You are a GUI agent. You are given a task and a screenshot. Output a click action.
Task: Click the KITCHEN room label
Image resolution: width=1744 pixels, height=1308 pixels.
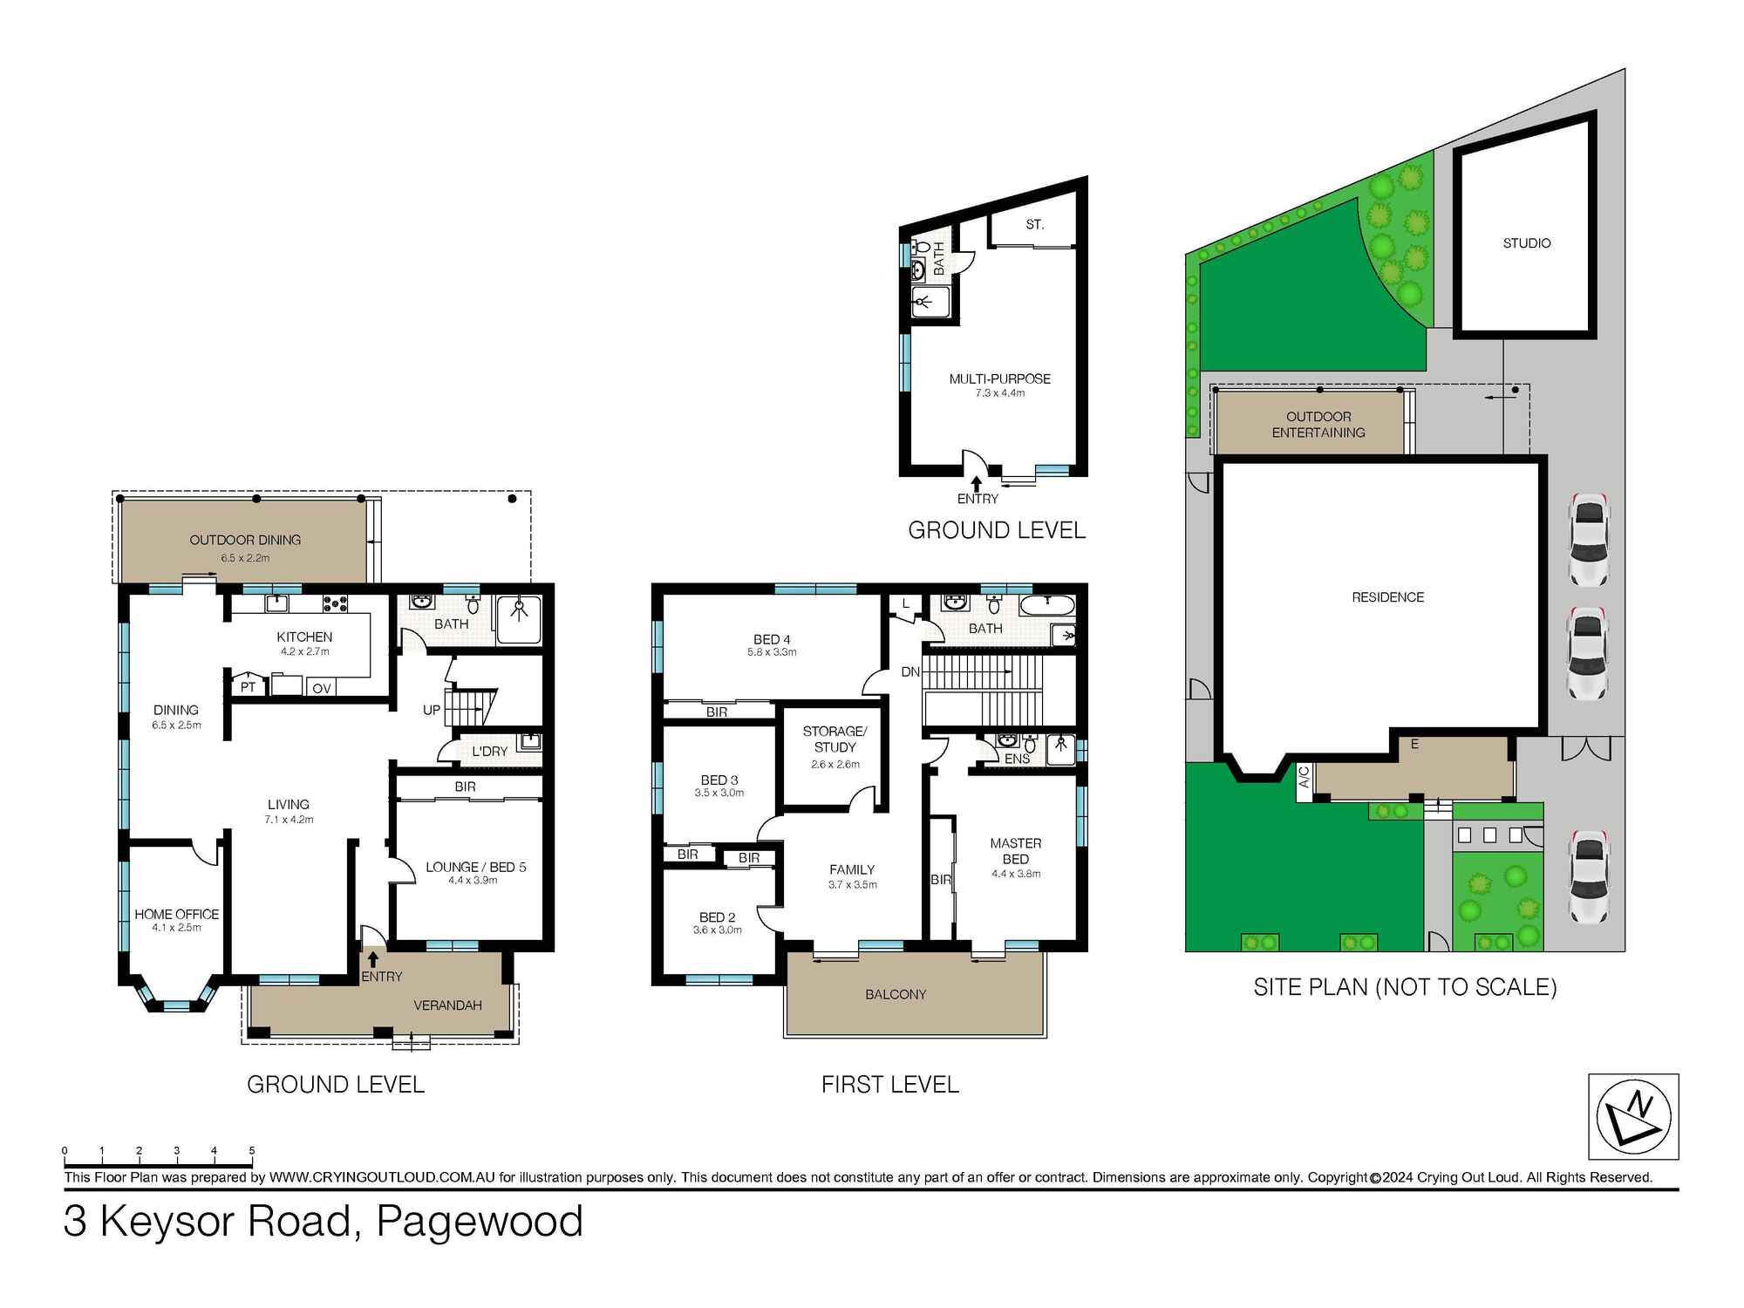tap(304, 637)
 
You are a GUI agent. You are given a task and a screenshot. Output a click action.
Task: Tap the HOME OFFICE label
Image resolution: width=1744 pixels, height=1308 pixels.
tap(176, 914)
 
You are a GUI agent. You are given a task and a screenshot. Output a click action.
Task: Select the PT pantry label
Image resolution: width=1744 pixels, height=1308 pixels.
tap(249, 687)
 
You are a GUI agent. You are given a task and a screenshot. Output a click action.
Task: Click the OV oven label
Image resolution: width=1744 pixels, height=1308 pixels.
tap(321, 689)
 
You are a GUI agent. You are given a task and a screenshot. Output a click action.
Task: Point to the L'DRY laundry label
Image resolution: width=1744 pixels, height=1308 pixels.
tap(489, 752)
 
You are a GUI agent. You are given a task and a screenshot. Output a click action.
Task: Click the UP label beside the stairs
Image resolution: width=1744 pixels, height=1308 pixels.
tap(432, 710)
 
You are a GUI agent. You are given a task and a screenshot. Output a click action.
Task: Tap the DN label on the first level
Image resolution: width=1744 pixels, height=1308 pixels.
tap(910, 671)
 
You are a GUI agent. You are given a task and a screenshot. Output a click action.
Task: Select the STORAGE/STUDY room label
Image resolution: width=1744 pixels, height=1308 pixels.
tap(835, 739)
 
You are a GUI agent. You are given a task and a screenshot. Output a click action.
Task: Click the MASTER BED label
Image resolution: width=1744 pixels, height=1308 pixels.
tap(1015, 851)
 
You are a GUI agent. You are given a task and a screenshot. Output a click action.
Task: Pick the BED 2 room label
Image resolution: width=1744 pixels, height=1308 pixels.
tap(717, 917)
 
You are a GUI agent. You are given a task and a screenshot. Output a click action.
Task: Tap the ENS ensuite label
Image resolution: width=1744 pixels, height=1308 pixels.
tap(1017, 759)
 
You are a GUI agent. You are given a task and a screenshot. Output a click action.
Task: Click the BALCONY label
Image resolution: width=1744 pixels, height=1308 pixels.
tap(896, 994)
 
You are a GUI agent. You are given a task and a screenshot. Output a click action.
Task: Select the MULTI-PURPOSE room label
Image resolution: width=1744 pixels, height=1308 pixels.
tap(999, 378)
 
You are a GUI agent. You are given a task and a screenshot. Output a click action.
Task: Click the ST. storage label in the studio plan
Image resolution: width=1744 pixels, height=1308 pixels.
tap(1034, 224)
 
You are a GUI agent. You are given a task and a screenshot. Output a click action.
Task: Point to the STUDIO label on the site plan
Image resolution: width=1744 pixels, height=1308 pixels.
tap(1526, 243)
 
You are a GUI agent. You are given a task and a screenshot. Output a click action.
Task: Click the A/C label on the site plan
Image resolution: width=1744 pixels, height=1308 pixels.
tap(1304, 777)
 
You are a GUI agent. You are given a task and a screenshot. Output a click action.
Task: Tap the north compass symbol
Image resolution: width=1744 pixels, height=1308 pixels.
tap(1632, 1116)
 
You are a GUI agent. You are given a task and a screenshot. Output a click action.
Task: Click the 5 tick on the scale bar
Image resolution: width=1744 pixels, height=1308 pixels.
tap(252, 1151)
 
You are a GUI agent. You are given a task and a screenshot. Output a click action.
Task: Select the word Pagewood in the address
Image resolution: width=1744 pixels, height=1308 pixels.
tap(479, 1221)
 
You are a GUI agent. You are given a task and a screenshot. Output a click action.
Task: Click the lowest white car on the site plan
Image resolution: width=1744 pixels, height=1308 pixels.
tap(1588, 877)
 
